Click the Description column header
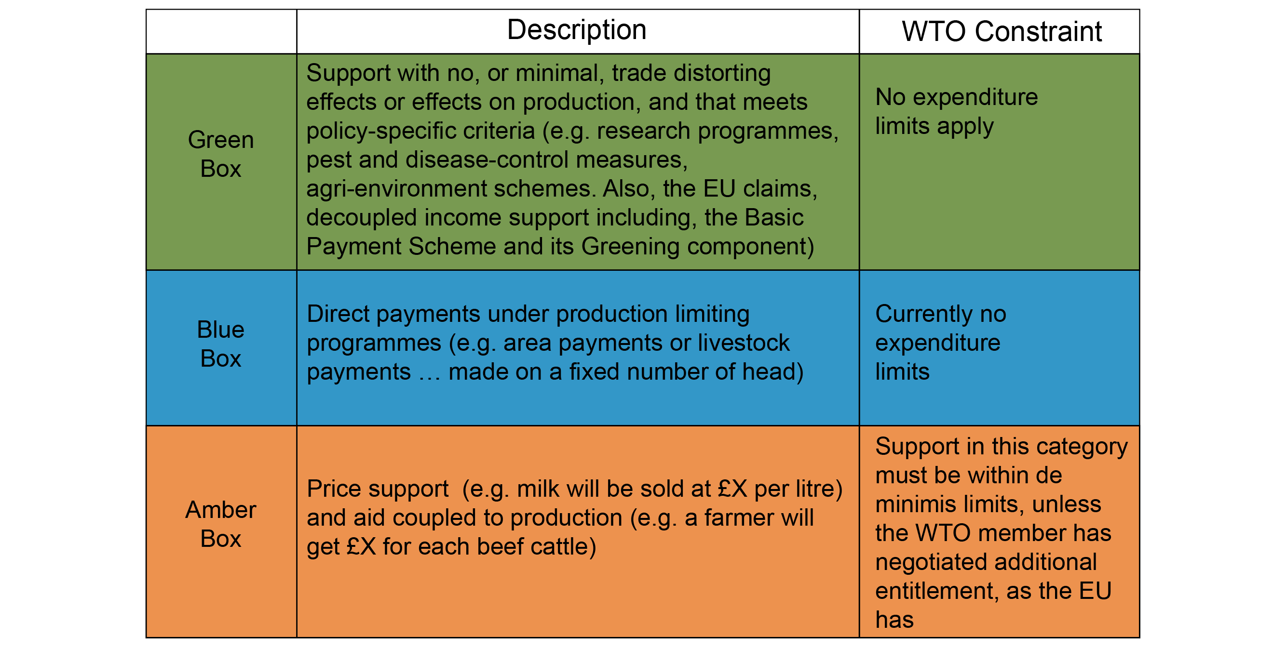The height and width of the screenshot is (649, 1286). tap(577, 30)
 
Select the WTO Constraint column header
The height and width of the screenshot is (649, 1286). tap(1002, 31)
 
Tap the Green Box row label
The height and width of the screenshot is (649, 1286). tap(221, 154)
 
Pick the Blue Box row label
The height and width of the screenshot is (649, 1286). tap(221, 344)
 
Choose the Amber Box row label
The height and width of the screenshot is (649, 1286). tap(221, 524)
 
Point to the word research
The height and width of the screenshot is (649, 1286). tap(644, 131)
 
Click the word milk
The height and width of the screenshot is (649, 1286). tap(538, 489)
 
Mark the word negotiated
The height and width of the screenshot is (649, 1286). tap(930, 563)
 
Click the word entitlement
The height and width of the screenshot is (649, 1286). tap(937, 592)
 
